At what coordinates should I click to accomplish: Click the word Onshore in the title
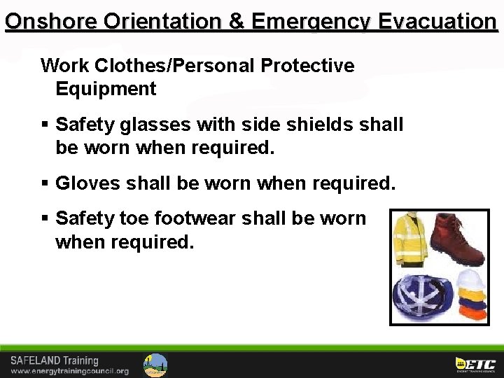point(50,21)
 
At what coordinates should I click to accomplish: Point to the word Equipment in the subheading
point(106,90)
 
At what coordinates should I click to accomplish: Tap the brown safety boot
point(456,239)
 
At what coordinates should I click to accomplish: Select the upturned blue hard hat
point(421,296)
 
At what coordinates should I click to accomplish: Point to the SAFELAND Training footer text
point(54,360)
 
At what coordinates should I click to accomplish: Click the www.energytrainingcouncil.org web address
point(69,371)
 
